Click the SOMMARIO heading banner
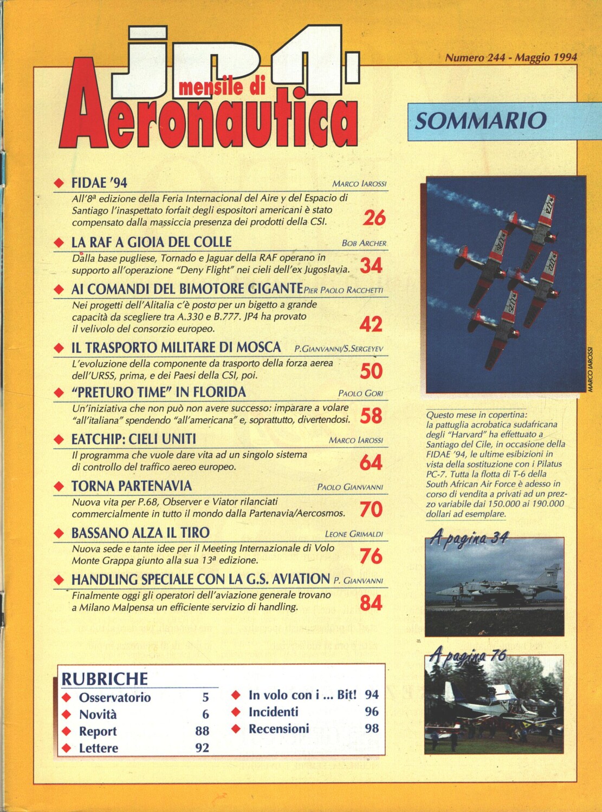pos(480,121)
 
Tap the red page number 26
pos(374,218)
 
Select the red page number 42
pos(371,324)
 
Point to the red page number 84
pos(371,603)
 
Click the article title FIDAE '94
pos(99,183)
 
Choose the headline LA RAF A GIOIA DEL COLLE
pos(151,242)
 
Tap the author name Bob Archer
pos(364,243)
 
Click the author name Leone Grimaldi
pos(354,534)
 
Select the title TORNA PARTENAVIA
pos(132,486)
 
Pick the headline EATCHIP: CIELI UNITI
pos(133,439)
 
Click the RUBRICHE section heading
pos(105,679)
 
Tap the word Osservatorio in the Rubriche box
pos(115,697)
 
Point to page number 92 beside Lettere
pos(202,748)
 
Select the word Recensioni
pos(279,729)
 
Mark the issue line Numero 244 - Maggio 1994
pos(510,57)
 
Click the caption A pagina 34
pos(469,538)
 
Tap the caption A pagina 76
pos(468,656)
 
